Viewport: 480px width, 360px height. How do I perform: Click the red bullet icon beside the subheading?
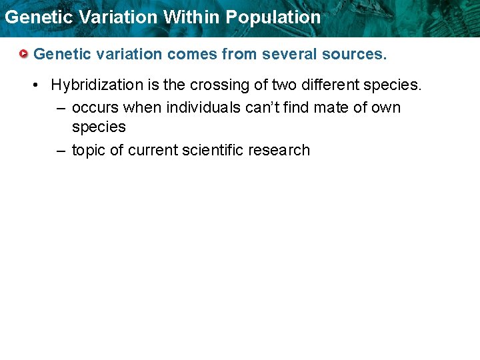[x=23, y=53]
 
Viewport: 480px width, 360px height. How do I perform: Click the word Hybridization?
[x=97, y=85]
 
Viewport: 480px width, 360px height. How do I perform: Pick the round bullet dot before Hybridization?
[x=39, y=85]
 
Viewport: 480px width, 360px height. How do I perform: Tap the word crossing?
[x=216, y=85]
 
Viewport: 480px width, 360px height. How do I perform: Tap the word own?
[x=387, y=107]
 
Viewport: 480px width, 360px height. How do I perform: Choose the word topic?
[x=89, y=151]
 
